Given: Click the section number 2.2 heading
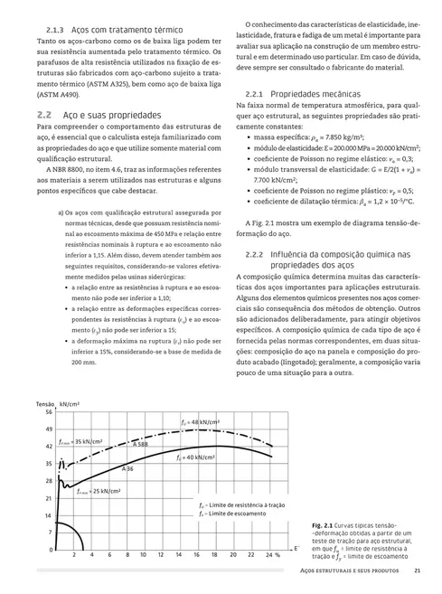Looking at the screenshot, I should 44,116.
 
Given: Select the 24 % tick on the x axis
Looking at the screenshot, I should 272,554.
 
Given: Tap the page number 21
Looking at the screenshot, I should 417,570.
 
